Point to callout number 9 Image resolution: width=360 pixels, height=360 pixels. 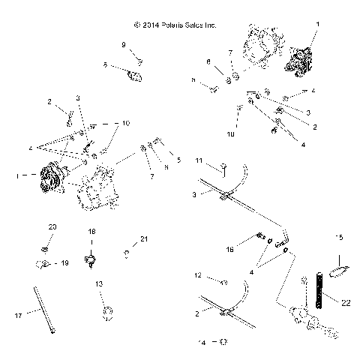click(123, 45)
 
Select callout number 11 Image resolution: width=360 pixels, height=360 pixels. click(199, 160)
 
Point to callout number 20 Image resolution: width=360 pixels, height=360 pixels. click(52, 226)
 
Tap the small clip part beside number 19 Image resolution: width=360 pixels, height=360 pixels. click(43, 263)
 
